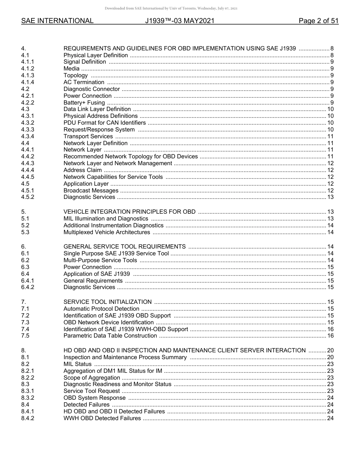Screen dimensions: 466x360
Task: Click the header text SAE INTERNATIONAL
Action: [x=57, y=21]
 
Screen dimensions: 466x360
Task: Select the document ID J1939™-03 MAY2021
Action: [x=180, y=21]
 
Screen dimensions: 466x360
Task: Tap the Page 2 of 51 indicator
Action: [x=318, y=21]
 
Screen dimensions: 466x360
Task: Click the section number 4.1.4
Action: [x=28, y=82]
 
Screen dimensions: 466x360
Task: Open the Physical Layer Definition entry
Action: [x=95, y=55]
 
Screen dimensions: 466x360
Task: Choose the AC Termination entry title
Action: [x=84, y=82]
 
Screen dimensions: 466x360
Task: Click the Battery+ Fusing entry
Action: [x=84, y=103]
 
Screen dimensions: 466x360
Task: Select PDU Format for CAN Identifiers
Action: [x=105, y=123]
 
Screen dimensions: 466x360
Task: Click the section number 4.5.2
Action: [x=28, y=197]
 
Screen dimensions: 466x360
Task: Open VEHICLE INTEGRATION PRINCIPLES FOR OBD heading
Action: [x=130, y=212]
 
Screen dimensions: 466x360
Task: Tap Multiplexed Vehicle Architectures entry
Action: [x=106, y=232]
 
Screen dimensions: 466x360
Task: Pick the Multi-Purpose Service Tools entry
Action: [x=100, y=260]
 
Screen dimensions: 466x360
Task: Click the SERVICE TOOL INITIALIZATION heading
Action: [x=108, y=302]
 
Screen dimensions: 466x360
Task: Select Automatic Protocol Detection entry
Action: [x=102, y=309]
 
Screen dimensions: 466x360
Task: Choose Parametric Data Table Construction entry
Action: [x=110, y=336]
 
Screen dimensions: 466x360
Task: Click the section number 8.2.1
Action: [x=28, y=371]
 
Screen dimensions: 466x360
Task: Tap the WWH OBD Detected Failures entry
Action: [x=102, y=418]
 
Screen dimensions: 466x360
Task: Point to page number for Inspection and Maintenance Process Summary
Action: [x=330, y=357]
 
